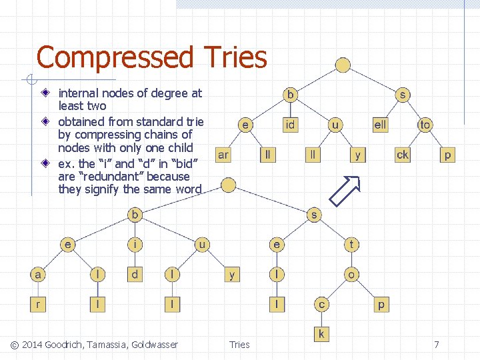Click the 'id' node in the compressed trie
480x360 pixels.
point(291,125)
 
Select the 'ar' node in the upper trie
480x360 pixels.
point(223,155)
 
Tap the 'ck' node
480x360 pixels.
point(403,155)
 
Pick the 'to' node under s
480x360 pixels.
point(425,125)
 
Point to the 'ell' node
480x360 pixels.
point(380,125)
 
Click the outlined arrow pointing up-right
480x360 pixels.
point(345,191)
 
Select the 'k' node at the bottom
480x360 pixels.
point(321,333)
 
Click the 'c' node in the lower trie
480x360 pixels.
point(321,304)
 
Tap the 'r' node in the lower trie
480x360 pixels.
point(38,304)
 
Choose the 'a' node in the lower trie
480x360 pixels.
point(38,274)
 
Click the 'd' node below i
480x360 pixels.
point(135,274)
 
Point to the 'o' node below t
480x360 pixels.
point(351,274)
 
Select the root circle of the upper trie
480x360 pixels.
point(343,65)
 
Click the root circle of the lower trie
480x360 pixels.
point(228,185)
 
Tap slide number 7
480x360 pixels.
point(437,345)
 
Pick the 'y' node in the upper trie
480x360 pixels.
point(358,155)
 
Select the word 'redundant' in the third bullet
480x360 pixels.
point(119,177)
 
